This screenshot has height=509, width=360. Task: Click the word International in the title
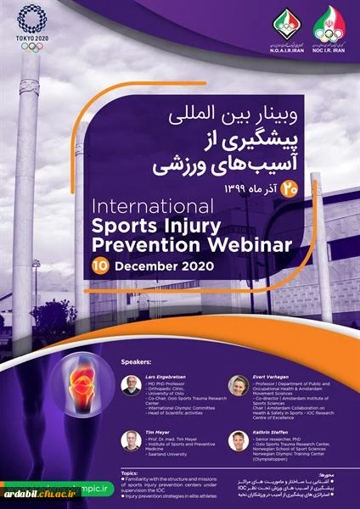click(166, 207)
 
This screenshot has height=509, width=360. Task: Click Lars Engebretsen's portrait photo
click(132, 385)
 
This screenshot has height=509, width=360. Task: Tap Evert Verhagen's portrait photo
click(239, 385)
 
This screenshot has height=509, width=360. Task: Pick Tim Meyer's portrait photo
click(131, 440)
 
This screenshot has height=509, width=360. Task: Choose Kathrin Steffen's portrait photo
click(239, 440)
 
